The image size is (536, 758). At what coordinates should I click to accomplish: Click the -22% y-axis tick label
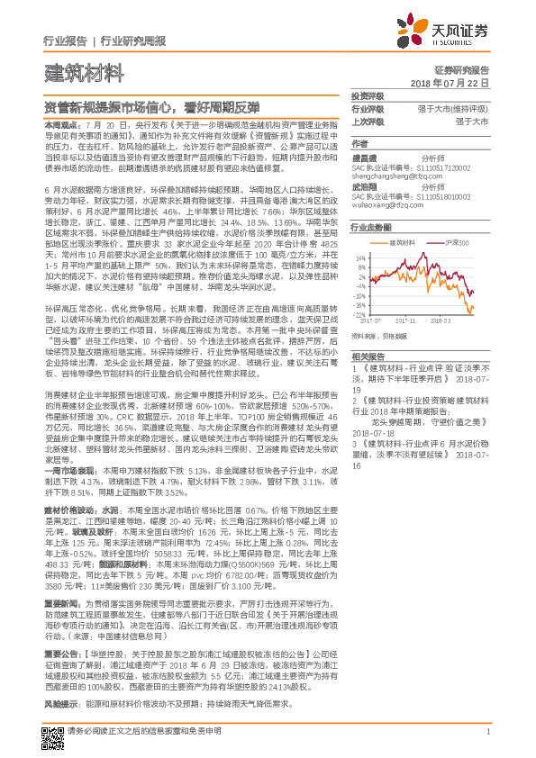coord(360,315)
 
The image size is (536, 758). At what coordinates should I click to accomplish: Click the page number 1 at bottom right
coord(486,733)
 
